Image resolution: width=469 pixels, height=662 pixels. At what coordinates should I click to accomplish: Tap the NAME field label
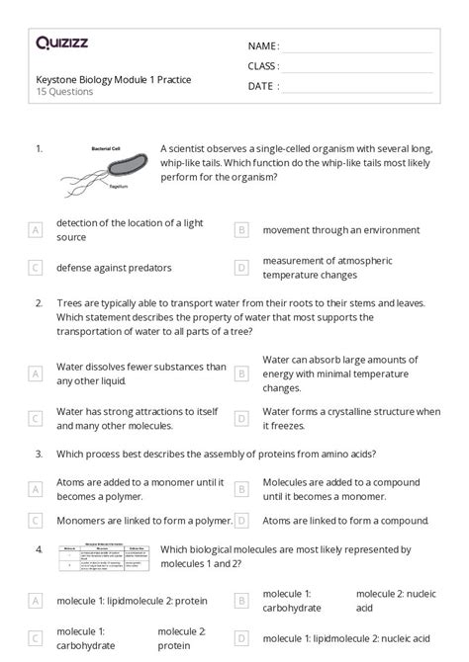[x=263, y=46]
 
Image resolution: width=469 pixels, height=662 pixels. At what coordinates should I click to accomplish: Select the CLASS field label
[x=264, y=66]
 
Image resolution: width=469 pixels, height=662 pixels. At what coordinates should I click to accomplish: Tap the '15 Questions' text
[x=64, y=92]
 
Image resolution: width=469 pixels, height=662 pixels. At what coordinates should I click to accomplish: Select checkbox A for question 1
[x=37, y=229]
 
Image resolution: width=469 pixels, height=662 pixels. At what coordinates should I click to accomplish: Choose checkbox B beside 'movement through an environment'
[x=241, y=229]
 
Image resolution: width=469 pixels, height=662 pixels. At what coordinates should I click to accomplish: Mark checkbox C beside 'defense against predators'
[x=37, y=267]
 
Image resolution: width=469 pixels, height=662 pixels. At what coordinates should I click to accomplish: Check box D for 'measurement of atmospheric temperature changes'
[x=241, y=267]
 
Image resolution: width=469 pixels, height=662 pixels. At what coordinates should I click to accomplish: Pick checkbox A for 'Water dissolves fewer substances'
[x=37, y=373]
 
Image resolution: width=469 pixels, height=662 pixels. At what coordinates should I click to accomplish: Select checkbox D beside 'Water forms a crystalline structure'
[x=241, y=418]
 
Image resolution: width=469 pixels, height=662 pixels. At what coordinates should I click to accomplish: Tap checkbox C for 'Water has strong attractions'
[x=37, y=418]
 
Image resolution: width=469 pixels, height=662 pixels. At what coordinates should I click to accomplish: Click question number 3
[x=39, y=454]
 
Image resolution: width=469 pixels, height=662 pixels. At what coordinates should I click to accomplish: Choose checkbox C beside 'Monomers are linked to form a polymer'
[x=37, y=520]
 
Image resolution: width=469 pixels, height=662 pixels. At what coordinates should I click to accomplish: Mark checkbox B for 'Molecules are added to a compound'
[x=241, y=488]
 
